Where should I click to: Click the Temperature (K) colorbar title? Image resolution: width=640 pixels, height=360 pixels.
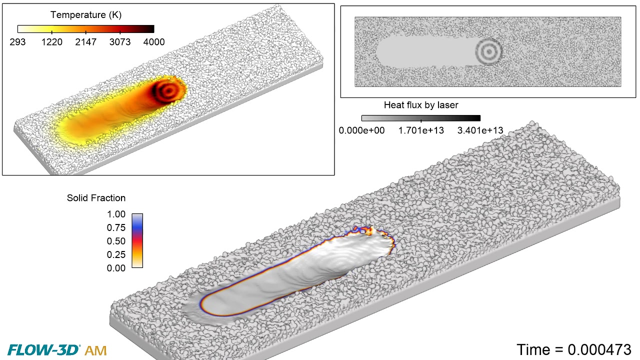86,15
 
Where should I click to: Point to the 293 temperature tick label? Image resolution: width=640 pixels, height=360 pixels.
17,42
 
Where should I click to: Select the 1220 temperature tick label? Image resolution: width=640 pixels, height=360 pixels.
52,42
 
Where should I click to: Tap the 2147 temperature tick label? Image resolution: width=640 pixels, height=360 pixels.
86,42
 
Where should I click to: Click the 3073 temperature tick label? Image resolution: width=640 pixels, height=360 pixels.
120,42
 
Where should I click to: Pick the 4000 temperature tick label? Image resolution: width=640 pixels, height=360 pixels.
154,42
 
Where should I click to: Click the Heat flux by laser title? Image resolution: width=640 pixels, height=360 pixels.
421,105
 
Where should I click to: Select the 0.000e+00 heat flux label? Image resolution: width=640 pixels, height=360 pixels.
361,131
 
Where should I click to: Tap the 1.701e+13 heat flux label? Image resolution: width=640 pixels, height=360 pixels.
421,131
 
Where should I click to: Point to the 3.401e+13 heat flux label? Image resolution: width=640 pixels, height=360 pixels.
480,131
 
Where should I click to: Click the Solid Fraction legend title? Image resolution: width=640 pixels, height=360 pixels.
96,198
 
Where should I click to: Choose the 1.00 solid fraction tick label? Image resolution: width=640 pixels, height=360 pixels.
116,214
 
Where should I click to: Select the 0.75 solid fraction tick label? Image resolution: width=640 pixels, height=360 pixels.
116,228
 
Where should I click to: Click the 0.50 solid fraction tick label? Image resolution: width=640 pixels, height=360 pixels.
116,241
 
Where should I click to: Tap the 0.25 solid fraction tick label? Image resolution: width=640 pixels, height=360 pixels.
116,254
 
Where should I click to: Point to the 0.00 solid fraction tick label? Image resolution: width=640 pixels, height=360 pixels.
116,268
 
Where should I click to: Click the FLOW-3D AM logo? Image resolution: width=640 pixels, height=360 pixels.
57,350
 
